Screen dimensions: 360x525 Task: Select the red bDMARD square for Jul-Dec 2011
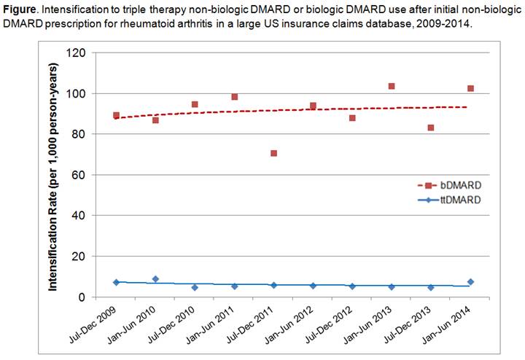click(273, 153)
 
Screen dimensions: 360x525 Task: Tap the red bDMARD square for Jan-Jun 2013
click(392, 86)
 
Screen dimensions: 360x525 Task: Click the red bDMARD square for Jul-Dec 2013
click(431, 128)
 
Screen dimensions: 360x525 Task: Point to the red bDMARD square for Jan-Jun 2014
click(470, 88)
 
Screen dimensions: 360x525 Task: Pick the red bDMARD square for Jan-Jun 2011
click(234, 97)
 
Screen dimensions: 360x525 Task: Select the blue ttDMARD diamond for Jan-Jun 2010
click(155, 279)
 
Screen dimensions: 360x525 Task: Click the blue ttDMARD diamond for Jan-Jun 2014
click(470, 282)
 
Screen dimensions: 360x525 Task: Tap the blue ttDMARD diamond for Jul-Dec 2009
click(116, 282)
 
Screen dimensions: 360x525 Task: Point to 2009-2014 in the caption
click(448, 24)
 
